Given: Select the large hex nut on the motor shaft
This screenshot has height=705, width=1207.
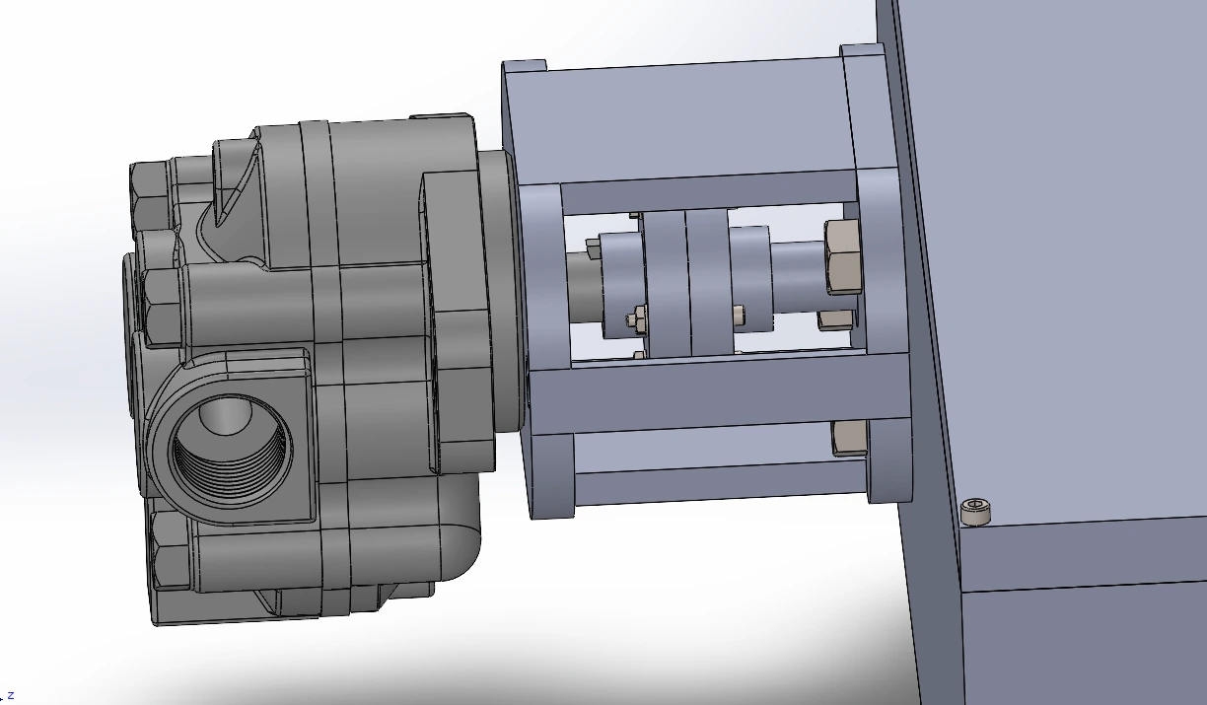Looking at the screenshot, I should point(842,257).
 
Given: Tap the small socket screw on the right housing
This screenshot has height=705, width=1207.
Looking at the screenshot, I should point(975,511).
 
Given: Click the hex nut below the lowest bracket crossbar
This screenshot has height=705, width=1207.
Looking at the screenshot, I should point(849,438).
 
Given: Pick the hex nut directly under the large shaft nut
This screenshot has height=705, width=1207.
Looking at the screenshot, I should point(836,319).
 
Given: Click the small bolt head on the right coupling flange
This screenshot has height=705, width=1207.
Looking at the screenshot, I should point(739,316).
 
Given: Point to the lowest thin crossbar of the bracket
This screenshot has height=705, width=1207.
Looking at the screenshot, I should point(720,483).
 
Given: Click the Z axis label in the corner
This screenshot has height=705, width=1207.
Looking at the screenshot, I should point(10,695).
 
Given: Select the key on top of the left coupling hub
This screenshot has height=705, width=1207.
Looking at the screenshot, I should point(594,246).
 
